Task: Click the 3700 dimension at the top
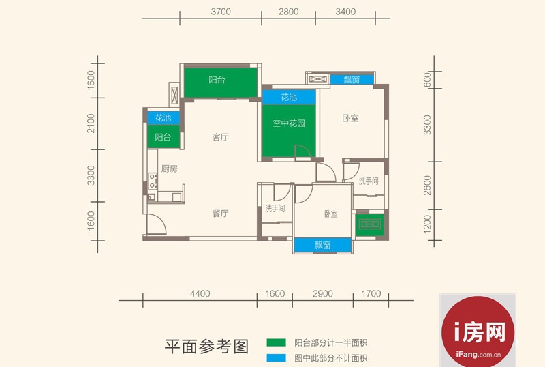pyautogui.click(x=221, y=12)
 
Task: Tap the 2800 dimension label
pyautogui.click(x=288, y=12)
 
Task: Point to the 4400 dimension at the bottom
pyautogui.click(x=200, y=293)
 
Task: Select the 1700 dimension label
pyautogui.click(x=371, y=293)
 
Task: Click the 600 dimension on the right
pyautogui.click(x=428, y=80)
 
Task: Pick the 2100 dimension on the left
pyautogui.click(x=91, y=123)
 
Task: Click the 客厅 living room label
pyautogui.click(x=220, y=137)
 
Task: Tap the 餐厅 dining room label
pyautogui.click(x=220, y=213)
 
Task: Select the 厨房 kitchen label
pyautogui.click(x=169, y=168)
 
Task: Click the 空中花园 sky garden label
pyautogui.click(x=288, y=123)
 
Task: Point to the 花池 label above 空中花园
pyautogui.click(x=288, y=97)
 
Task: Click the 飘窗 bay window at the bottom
pyautogui.click(x=322, y=245)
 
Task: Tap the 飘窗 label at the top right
pyautogui.click(x=352, y=80)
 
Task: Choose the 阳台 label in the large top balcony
pyautogui.click(x=217, y=80)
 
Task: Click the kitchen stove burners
pyautogui.click(x=153, y=181)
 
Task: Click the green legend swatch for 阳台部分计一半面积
pyautogui.click(x=277, y=342)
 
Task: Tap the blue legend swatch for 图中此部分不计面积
pyautogui.click(x=277, y=358)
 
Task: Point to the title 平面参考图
pyautogui.click(x=206, y=347)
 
